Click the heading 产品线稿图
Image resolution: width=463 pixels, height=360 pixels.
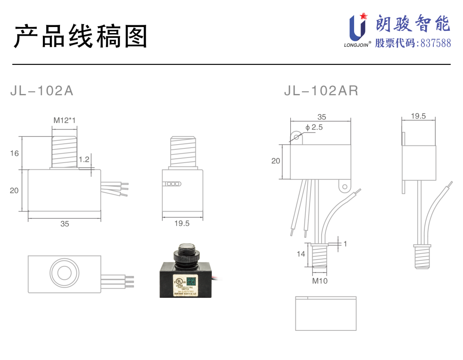point(81,36)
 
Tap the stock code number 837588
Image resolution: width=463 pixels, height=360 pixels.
point(436,43)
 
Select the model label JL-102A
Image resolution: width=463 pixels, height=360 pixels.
point(42,91)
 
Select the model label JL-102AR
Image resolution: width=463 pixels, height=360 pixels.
point(321,91)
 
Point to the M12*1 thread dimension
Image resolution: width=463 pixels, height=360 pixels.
point(64,121)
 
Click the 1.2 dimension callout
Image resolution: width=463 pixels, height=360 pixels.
point(84,160)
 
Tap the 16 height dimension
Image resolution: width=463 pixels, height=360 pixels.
point(15,153)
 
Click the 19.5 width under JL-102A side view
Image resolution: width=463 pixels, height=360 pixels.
point(182,223)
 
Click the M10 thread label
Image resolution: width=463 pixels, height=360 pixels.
point(319,281)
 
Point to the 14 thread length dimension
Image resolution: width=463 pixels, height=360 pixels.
point(301,254)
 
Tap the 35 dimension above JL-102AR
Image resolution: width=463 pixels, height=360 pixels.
point(321,117)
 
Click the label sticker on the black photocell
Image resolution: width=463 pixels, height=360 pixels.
point(185,285)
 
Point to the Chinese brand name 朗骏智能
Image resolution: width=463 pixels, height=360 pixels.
point(413,24)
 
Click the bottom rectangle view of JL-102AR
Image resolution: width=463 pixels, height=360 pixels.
point(326,314)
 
